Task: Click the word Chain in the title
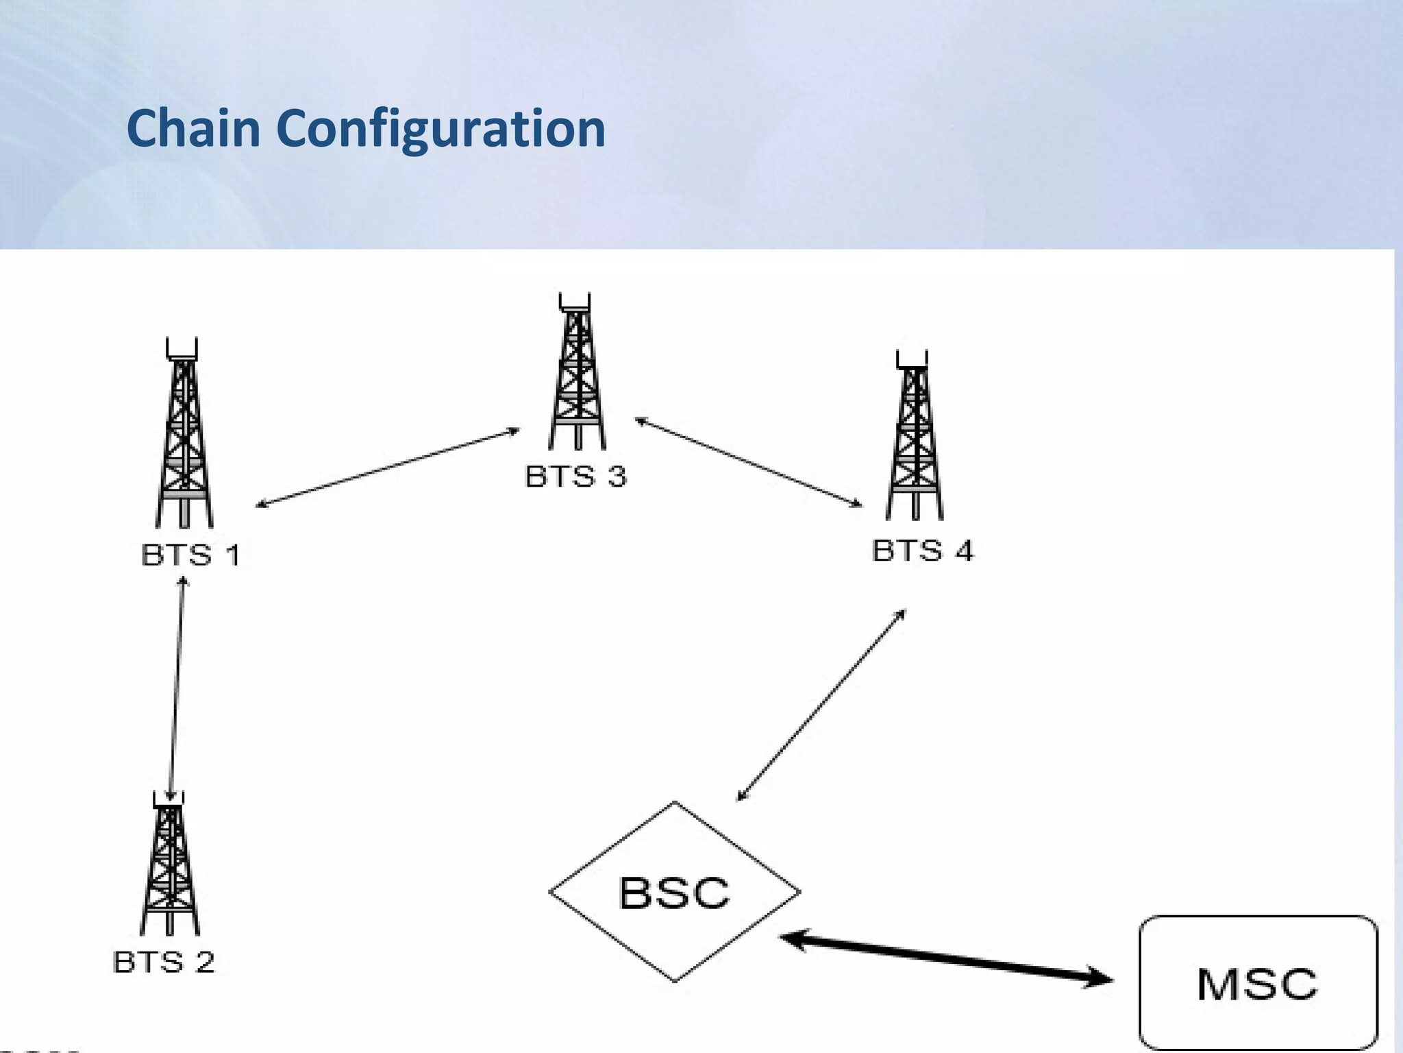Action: coord(194,128)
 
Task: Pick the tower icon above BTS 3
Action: coord(577,374)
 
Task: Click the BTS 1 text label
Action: coord(190,555)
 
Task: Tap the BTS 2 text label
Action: coord(163,962)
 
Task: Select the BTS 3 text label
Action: coord(575,476)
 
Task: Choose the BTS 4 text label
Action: coord(922,550)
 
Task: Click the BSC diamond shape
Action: coord(675,891)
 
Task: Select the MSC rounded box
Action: coord(1258,983)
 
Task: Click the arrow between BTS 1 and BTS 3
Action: coord(388,468)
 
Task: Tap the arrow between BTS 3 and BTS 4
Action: coord(749,463)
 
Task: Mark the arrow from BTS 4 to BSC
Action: coord(821,705)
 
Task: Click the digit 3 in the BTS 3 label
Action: coord(617,476)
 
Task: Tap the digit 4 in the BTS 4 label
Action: coord(964,550)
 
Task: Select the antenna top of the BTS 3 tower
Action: coord(575,302)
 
